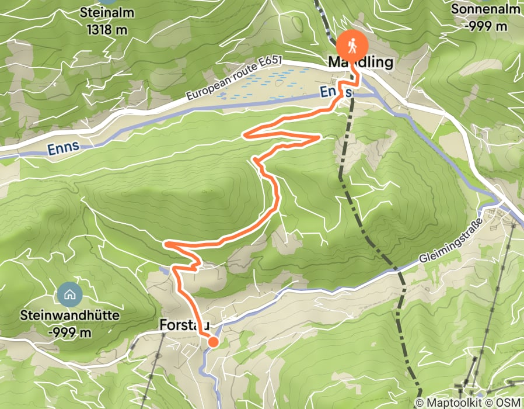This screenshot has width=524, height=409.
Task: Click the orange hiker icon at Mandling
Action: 352,44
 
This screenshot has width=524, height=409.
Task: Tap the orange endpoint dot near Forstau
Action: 213,342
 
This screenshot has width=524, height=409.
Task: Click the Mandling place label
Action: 361,62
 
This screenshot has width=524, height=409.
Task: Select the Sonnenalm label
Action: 487,10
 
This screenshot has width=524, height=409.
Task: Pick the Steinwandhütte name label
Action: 69,316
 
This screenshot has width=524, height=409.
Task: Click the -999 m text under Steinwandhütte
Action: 69,332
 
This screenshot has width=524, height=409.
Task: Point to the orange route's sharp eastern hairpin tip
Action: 319,137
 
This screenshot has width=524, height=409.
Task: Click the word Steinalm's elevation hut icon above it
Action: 106,2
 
